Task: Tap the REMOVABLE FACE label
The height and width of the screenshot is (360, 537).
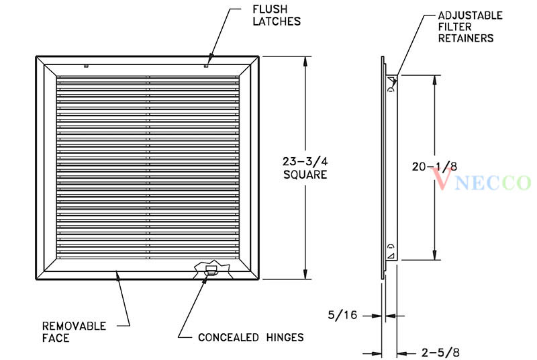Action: click(x=72, y=332)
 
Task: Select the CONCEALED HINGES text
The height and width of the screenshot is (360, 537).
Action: click(x=250, y=337)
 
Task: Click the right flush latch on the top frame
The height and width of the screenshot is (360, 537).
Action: click(x=206, y=66)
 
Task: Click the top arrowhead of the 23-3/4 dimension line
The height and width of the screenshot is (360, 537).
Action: click(x=307, y=60)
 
